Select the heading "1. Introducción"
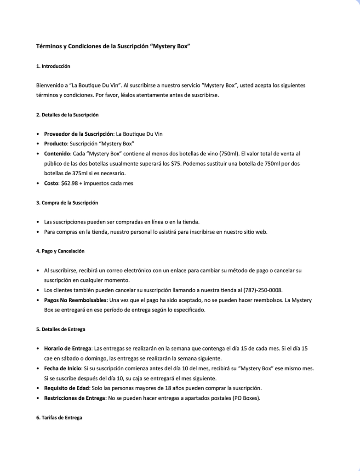(53, 66)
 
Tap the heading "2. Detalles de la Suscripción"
(67, 115)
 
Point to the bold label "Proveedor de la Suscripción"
(78, 134)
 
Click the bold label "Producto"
(55, 144)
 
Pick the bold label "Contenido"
(57, 154)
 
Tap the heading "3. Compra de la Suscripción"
(67, 202)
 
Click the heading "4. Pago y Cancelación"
(60, 251)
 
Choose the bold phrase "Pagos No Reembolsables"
(75, 300)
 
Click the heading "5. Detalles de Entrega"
(61, 329)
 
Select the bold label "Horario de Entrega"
(68, 349)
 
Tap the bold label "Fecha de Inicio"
(63, 368)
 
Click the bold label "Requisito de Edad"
(66, 388)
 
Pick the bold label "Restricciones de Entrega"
(74, 398)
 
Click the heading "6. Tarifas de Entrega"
(59, 418)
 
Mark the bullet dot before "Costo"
(37, 183)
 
